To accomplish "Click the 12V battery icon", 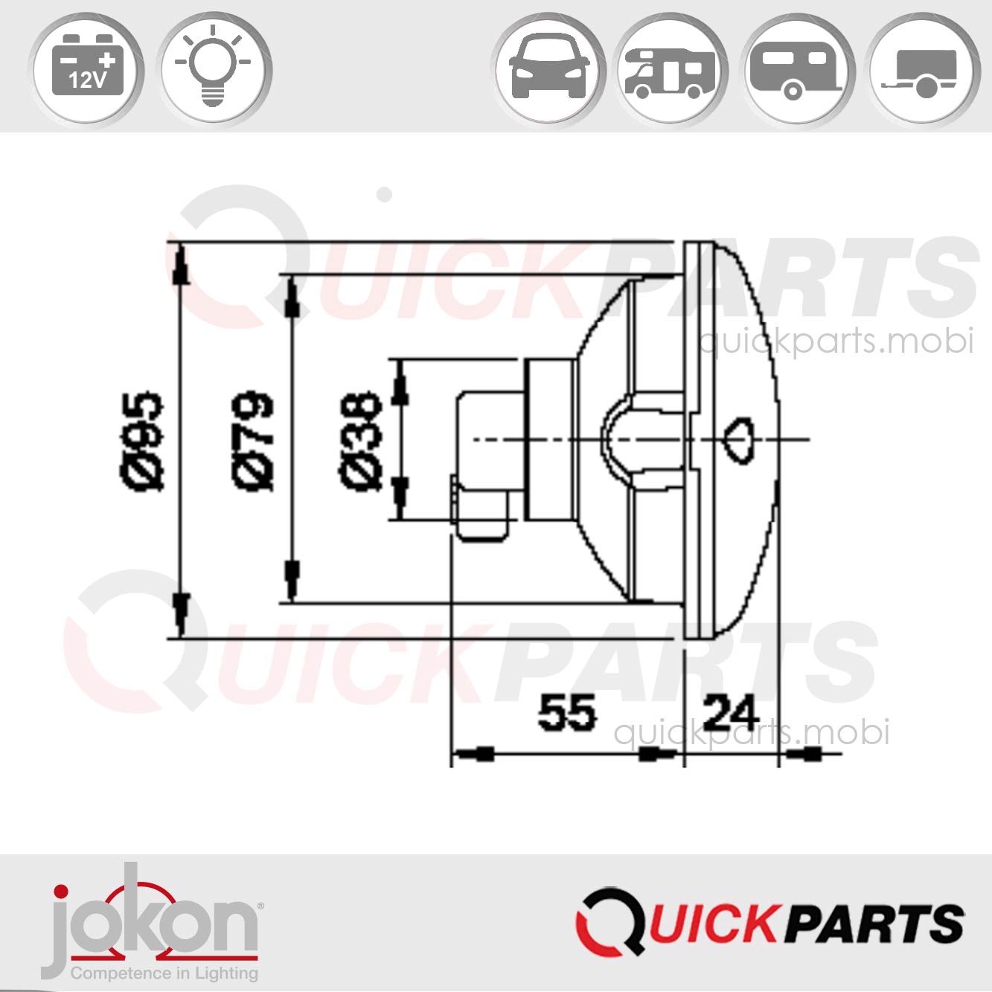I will click(x=86, y=69).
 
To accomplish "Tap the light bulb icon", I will click(x=215, y=69).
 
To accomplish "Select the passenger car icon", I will click(x=548, y=69).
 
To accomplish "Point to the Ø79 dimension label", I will click(x=254, y=441).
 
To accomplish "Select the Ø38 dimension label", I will click(x=362, y=441).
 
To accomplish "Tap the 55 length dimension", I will click(x=567, y=713).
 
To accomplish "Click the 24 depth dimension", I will click(x=730, y=713).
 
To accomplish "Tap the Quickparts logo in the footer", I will click(x=769, y=923).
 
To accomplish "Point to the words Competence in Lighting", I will click(x=164, y=973).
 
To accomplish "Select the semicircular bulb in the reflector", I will click(x=616, y=439).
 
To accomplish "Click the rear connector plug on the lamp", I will click(x=484, y=465).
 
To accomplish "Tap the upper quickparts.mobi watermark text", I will click(x=835, y=342).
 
